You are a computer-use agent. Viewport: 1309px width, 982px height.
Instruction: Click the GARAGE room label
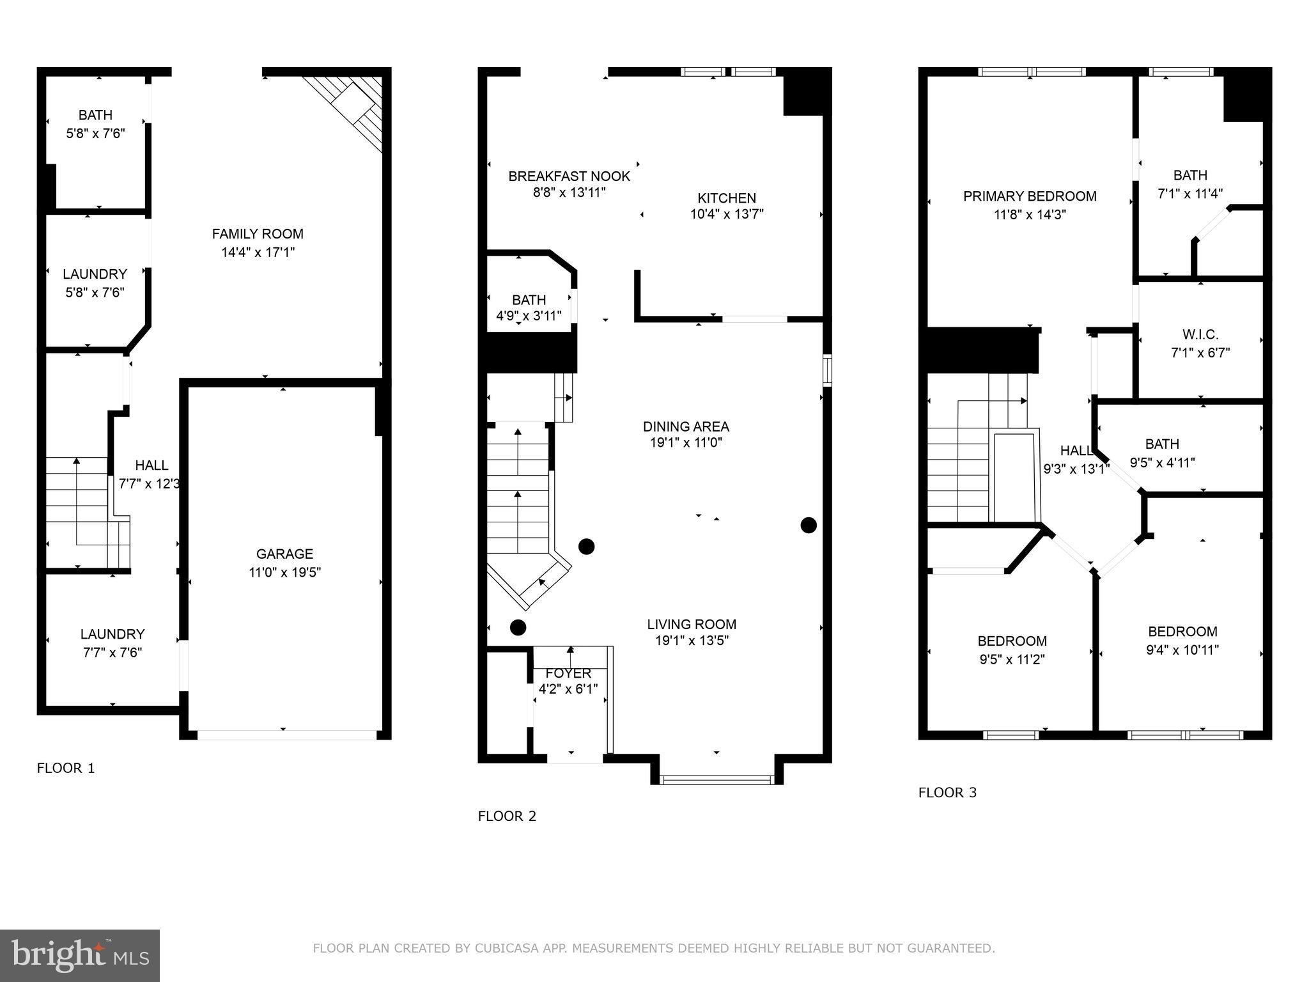click(x=284, y=554)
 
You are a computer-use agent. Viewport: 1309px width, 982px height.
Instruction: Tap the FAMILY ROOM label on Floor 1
click(x=258, y=234)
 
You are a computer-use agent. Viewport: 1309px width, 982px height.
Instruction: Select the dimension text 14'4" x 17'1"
click(x=258, y=253)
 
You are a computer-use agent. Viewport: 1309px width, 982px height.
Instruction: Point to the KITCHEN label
click(x=727, y=198)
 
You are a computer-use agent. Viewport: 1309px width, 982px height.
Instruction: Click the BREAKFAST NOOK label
click(x=569, y=176)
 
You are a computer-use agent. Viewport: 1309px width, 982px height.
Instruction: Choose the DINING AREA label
click(x=686, y=426)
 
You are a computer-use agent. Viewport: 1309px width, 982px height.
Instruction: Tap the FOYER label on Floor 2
click(x=568, y=673)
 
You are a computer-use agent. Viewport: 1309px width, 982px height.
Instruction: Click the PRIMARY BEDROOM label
click(x=1030, y=196)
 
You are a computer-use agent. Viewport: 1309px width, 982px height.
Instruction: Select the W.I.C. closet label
click(x=1200, y=334)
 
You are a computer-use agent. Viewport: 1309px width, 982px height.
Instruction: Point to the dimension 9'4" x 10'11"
click(x=1182, y=650)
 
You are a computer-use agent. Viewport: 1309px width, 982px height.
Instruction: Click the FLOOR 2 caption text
click(x=507, y=816)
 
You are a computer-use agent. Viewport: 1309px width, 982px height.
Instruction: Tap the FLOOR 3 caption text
click(x=947, y=793)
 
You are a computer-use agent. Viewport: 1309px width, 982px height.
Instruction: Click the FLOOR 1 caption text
click(x=66, y=768)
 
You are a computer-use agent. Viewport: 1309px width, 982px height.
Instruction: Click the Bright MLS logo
click(x=80, y=955)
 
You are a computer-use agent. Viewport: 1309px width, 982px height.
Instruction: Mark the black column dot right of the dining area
click(x=809, y=526)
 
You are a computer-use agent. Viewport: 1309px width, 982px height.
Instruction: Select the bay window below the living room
click(x=716, y=779)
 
